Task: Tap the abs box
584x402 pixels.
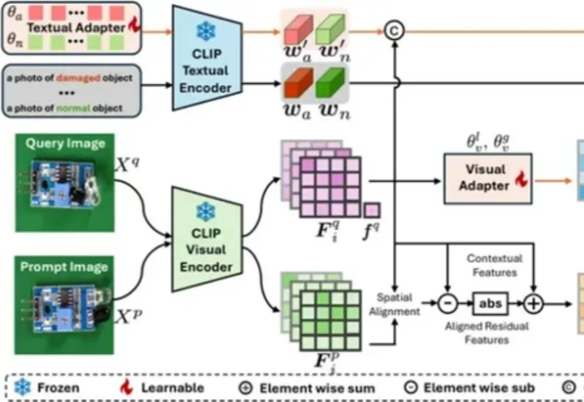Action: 490,303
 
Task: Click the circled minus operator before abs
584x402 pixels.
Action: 447,303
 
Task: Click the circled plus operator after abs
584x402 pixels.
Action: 534,303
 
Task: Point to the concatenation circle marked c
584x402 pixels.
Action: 393,30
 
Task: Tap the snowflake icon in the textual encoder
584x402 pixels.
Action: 204,32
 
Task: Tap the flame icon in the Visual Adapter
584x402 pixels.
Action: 520,180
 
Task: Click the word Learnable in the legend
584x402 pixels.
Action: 172,388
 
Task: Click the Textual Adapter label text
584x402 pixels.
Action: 76,28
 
